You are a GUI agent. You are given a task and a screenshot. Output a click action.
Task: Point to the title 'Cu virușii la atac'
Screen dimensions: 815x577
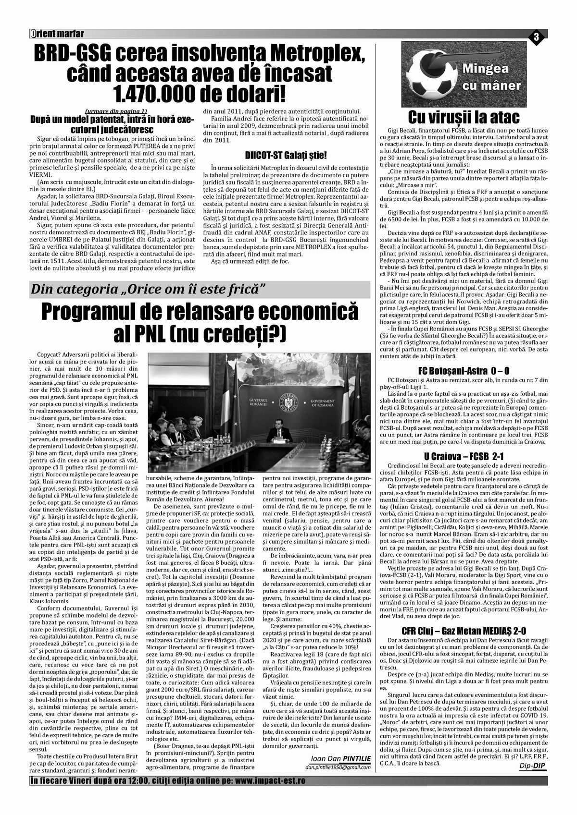464,117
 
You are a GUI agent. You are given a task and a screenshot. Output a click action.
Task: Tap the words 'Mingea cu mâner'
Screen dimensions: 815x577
491,77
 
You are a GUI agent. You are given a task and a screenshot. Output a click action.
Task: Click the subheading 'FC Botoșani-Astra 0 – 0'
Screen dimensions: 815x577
464,371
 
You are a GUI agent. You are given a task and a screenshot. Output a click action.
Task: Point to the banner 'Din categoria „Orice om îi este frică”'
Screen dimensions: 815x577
149,290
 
